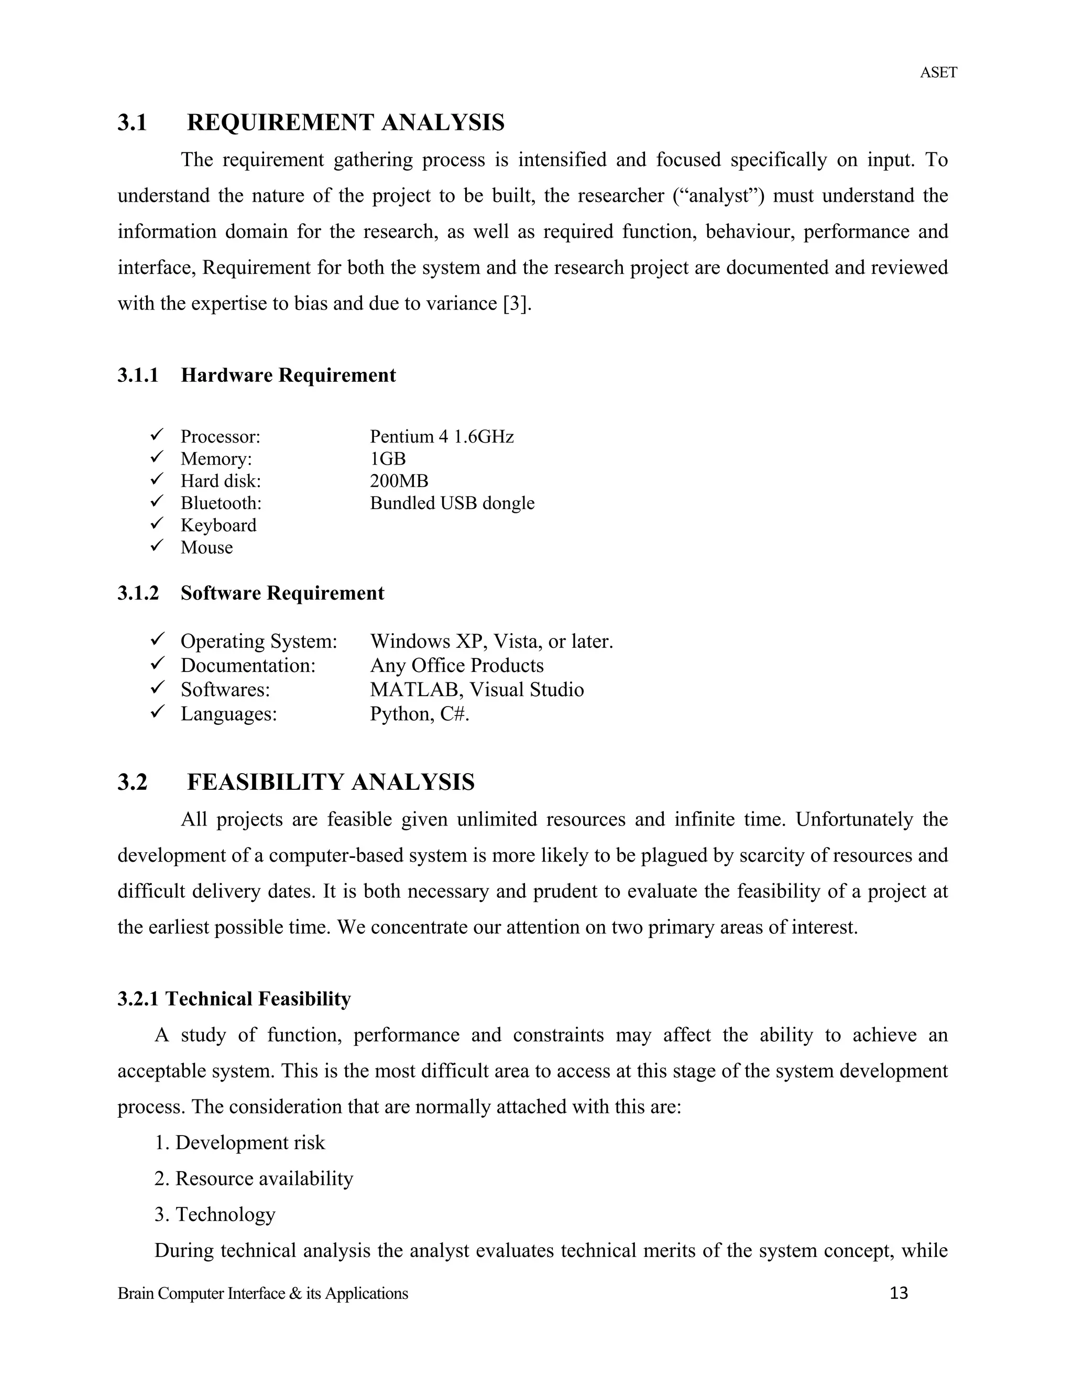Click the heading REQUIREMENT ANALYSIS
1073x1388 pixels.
coord(345,123)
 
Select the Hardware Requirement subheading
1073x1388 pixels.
coord(288,376)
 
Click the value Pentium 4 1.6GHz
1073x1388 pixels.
coord(441,437)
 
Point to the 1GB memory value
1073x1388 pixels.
coord(388,459)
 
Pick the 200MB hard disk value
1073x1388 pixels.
coord(399,481)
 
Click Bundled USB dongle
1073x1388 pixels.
coord(452,503)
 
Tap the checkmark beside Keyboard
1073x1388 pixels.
coord(157,524)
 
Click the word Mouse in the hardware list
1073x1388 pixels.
coord(206,548)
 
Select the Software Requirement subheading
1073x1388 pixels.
coord(282,593)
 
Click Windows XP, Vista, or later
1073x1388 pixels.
coord(491,642)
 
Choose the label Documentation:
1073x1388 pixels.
coord(248,666)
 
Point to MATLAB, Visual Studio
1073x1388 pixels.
coord(477,690)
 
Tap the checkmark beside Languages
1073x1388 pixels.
coord(157,712)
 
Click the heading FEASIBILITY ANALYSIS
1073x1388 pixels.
coord(331,783)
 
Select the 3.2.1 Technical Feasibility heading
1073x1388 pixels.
coord(234,999)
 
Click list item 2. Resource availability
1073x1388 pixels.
coord(254,1179)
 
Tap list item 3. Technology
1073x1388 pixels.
coord(215,1215)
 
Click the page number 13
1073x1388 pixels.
coord(899,1294)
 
